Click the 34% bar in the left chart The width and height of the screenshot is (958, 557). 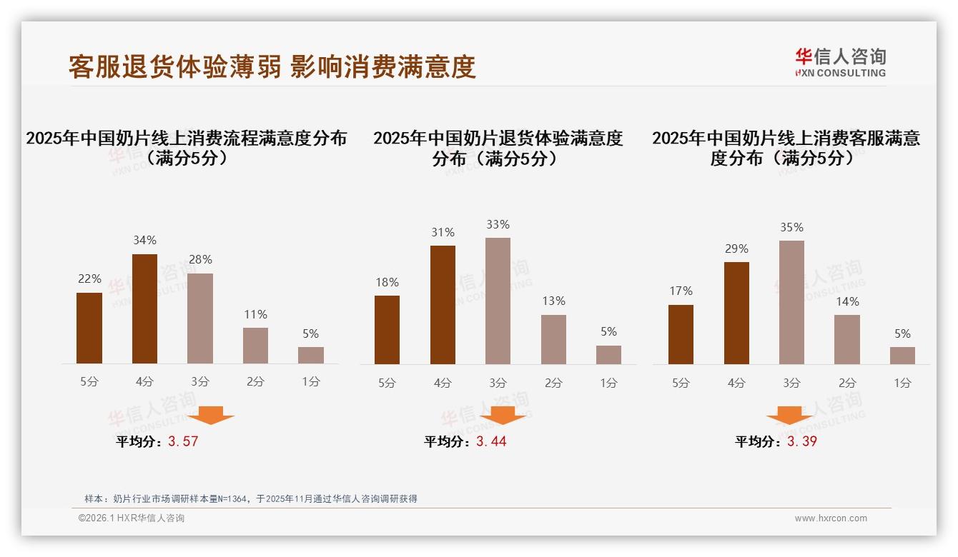pos(144,308)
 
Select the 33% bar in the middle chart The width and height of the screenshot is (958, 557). pos(498,301)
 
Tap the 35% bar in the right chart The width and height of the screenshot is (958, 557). pos(791,302)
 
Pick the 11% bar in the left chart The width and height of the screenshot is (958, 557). pos(255,346)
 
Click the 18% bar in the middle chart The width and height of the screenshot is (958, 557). pos(387,329)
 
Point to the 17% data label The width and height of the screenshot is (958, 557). pos(681,291)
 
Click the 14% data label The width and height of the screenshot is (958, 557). pos(847,301)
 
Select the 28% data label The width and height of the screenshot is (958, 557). pos(200,259)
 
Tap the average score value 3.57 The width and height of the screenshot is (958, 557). pos(183,441)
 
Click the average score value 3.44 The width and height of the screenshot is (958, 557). pos(491,441)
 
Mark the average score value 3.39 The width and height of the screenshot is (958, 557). pos(802,441)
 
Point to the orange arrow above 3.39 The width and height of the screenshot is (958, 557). pos(789,415)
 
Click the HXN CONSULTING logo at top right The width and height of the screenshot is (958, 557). pos(840,62)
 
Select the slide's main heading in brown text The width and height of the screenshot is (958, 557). pos(272,67)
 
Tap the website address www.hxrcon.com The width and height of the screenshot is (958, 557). pos(831,518)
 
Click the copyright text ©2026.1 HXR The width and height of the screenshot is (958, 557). pos(132,518)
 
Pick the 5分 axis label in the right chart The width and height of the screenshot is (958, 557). pos(681,383)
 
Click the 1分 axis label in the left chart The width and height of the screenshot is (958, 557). pos(310,382)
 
